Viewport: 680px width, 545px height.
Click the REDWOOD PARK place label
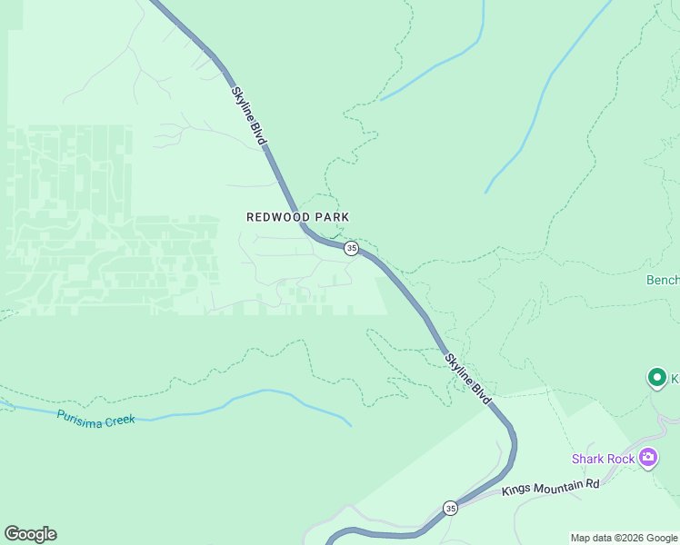pyautogui.click(x=298, y=217)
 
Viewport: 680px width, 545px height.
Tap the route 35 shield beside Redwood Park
pyautogui.click(x=351, y=248)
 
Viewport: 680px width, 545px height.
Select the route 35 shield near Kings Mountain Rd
pyautogui.click(x=450, y=508)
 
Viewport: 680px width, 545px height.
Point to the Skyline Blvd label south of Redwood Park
pyautogui.click(x=468, y=378)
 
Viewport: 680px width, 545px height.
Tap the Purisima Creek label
pyautogui.click(x=95, y=419)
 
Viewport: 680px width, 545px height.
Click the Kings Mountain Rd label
pyautogui.click(x=551, y=488)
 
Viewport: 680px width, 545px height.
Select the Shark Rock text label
pyautogui.click(x=603, y=459)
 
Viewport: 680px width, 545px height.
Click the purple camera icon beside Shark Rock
pyautogui.click(x=648, y=457)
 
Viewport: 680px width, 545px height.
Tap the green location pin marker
pyautogui.click(x=656, y=377)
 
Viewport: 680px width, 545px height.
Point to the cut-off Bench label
pyautogui.click(x=662, y=280)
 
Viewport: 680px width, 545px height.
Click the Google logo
pyautogui.click(x=30, y=534)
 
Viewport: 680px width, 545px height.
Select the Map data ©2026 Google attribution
pyautogui.click(x=624, y=538)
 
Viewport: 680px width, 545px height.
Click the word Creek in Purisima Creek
pyautogui.click(x=118, y=420)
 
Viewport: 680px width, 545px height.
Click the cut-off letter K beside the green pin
pyautogui.click(x=675, y=378)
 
